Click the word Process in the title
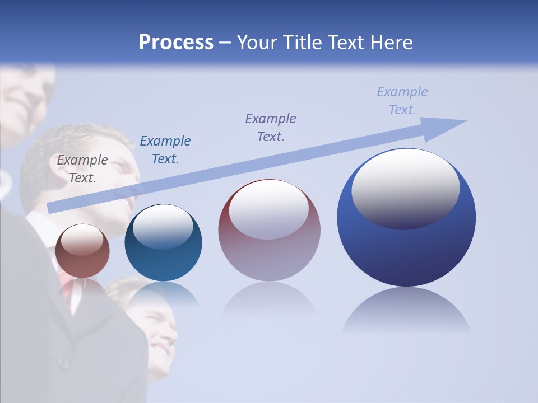click(176, 43)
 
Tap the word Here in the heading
click(392, 43)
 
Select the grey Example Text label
click(82, 169)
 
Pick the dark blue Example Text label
click(165, 150)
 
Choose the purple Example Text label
click(271, 127)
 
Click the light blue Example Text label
click(402, 101)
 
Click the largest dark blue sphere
click(406, 252)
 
